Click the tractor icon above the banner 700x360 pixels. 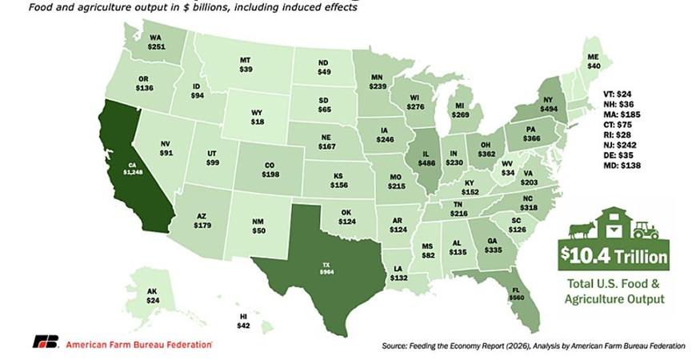pos(646,229)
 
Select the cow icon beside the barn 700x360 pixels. pos(579,230)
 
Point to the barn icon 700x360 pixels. pos(613,223)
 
